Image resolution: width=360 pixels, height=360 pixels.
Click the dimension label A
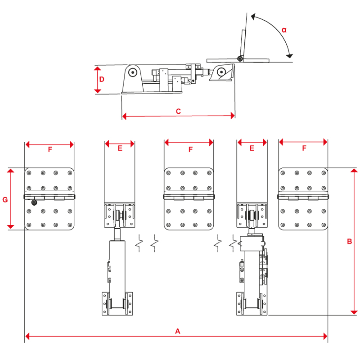(x=177, y=331)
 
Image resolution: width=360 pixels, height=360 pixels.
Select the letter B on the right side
(x=349, y=241)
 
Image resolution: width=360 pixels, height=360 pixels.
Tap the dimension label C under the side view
(x=178, y=111)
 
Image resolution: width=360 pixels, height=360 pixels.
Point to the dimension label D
(x=102, y=80)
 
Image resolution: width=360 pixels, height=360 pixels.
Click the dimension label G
(x=5, y=199)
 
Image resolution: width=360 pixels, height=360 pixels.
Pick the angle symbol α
(x=284, y=30)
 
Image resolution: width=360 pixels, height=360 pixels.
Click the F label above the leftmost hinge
(x=50, y=149)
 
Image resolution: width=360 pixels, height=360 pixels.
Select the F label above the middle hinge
(x=190, y=149)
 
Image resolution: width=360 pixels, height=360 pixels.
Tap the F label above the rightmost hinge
(x=304, y=148)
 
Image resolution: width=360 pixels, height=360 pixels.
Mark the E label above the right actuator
(x=252, y=148)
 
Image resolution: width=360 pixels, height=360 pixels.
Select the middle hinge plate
(x=189, y=199)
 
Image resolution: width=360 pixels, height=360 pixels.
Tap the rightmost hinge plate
(x=303, y=199)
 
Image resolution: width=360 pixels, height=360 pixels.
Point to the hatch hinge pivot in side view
(x=241, y=58)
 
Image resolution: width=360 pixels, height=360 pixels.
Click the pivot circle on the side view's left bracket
(x=132, y=72)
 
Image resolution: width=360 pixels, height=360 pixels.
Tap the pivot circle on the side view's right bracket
(x=221, y=71)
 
